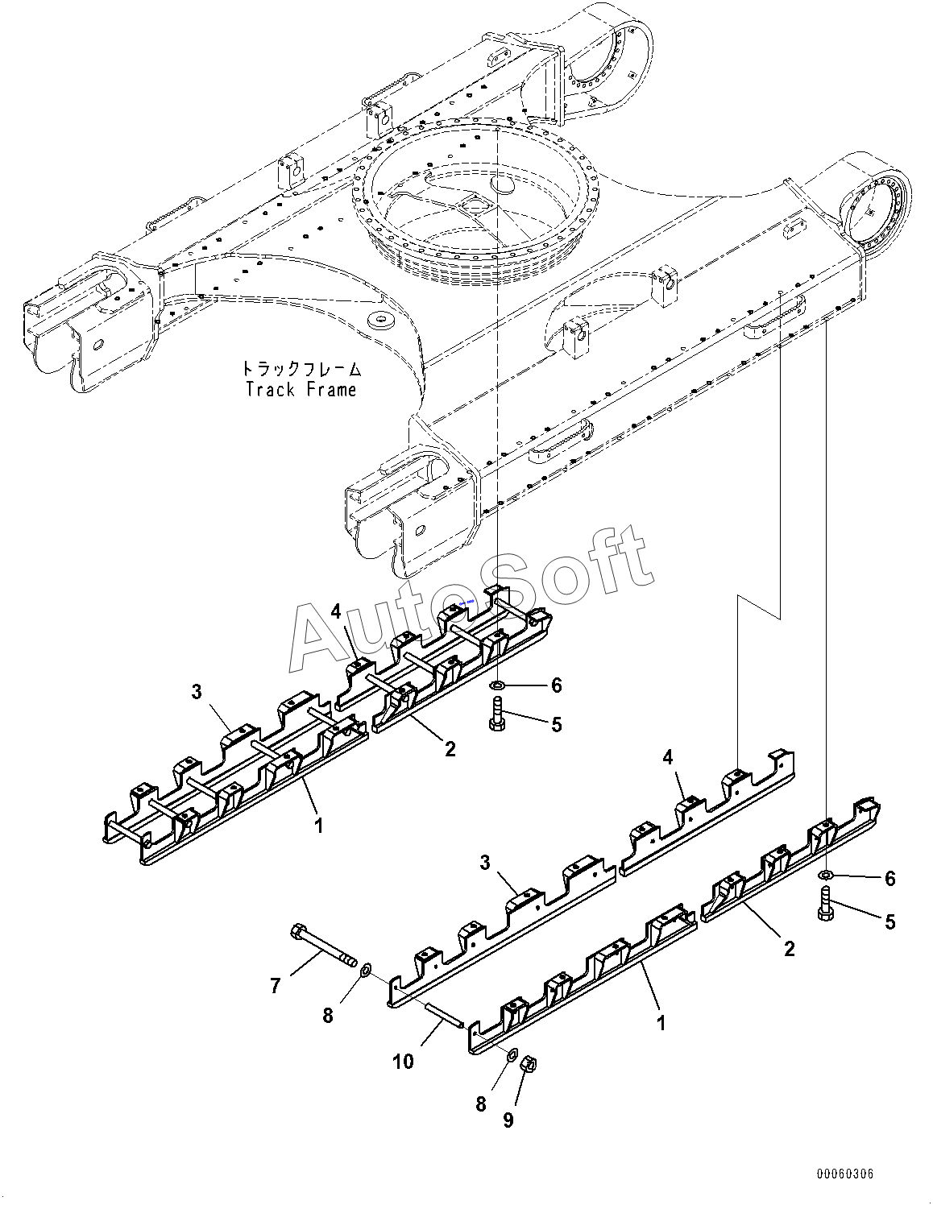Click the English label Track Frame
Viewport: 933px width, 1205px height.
point(301,390)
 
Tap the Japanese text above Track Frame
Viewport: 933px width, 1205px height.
point(301,370)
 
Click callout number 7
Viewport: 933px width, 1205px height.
point(276,984)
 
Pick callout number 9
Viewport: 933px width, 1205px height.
point(508,1120)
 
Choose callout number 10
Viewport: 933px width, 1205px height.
point(404,1062)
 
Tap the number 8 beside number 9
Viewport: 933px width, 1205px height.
point(481,1104)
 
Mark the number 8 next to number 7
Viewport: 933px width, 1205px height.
point(328,1016)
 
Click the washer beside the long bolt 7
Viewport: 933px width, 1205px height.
point(363,969)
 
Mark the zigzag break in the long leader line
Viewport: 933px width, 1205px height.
point(761,607)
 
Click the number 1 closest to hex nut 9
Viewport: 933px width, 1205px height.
point(660,1023)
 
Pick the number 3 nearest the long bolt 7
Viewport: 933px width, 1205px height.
point(485,863)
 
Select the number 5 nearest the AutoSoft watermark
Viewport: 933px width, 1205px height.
point(556,725)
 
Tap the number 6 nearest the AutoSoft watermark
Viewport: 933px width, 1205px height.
point(556,685)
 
